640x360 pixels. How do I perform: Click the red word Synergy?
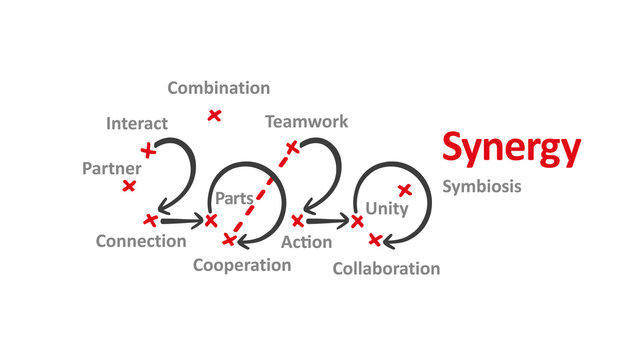click(x=511, y=149)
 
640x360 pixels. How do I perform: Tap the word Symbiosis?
click(x=481, y=186)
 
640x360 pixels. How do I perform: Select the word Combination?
click(x=218, y=88)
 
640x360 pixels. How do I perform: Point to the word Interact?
click(x=137, y=124)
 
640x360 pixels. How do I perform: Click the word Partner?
click(x=111, y=168)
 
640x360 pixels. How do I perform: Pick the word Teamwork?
click(x=306, y=122)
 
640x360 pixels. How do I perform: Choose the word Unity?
click(x=386, y=208)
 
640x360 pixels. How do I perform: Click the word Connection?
click(x=141, y=241)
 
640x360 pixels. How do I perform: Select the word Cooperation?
click(x=242, y=265)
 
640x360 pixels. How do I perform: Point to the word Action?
click(x=307, y=242)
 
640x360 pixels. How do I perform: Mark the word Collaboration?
click(x=385, y=268)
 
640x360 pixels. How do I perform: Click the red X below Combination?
click(x=214, y=115)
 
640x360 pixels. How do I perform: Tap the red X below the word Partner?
click(x=128, y=186)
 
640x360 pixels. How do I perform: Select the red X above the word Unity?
click(x=405, y=190)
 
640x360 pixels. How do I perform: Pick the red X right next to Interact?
click(x=148, y=151)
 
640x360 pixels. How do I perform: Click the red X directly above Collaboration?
click(x=375, y=239)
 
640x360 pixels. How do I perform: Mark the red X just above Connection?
click(x=151, y=219)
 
